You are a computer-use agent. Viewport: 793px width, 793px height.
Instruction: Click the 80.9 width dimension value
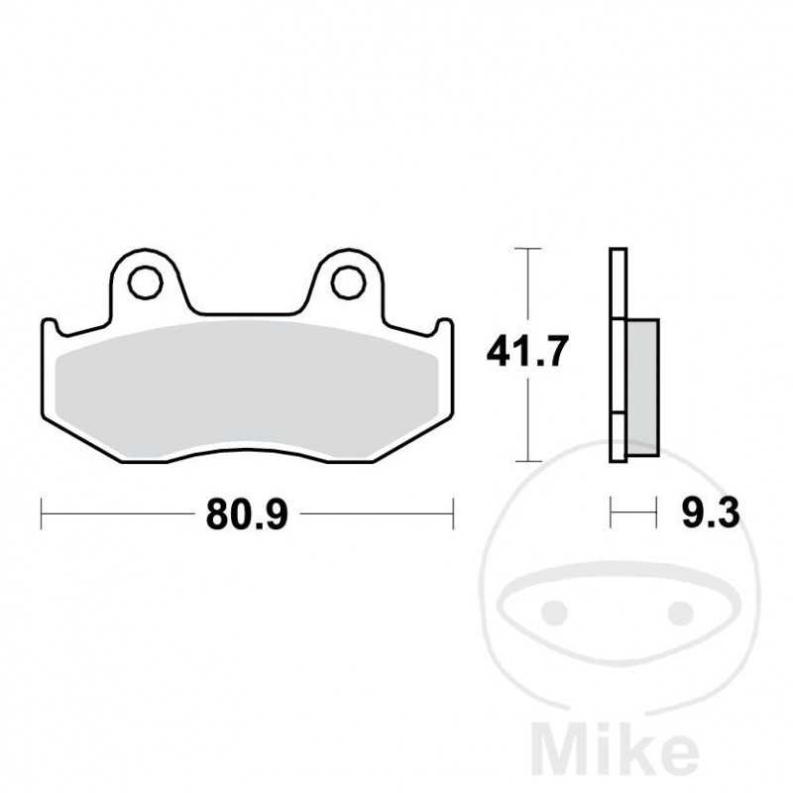pyautogui.click(x=247, y=514)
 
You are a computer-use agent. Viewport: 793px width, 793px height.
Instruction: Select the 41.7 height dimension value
pyautogui.click(x=527, y=351)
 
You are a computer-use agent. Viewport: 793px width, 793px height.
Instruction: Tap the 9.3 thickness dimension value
pyautogui.click(x=711, y=513)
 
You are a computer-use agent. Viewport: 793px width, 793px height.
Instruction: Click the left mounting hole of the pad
pyautogui.click(x=145, y=283)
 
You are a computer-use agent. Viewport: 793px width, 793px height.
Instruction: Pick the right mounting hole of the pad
pyautogui.click(x=349, y=283)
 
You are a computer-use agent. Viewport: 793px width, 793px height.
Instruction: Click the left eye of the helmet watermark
pyautogui.click(x=554, y=613)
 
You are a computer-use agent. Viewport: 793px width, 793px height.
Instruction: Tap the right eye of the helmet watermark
pyautogui.click(x=680, y=613)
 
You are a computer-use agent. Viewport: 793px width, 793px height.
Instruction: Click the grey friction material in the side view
pyautogui.click(x=642, y=388)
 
